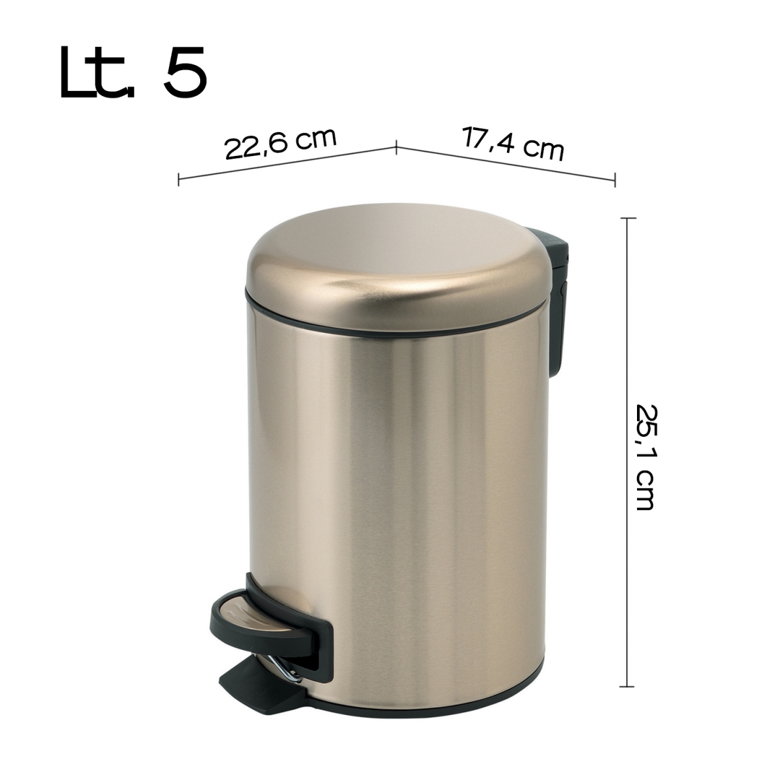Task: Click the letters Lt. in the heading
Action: (x=97, y=72)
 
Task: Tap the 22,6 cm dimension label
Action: (x=281, y=144)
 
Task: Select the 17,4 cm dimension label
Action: (x=513, y=144)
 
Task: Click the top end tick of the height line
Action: (x=626, y=219)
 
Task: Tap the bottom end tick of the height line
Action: (x=626, y=686)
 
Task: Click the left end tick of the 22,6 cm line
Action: (x=179, y=179)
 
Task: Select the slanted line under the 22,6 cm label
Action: (x=286, y=163)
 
